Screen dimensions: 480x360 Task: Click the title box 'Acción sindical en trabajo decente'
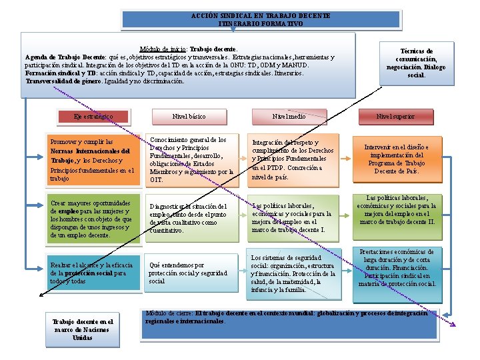(x=261, y=19)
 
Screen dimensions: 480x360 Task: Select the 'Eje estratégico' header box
(x=93, y=117)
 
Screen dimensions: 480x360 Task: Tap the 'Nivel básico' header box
(x=189, y=117)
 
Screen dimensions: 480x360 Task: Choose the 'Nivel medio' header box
(x=289, y=117)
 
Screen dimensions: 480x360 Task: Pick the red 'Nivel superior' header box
(x=395, y=117)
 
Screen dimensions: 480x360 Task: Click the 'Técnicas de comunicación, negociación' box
(x=417, y=63)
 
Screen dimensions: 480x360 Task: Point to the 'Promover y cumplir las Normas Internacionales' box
(x=92, y=160)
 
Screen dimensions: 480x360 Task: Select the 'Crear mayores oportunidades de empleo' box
(x=92, y=217)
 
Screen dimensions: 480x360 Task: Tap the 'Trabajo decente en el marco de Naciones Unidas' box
(x=83, y=329)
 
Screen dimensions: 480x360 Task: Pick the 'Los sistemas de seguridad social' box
(x=293, y=273)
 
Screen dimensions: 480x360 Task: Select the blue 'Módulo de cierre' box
(x=290, y=324)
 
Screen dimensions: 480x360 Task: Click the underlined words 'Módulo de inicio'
(x=163, y=49)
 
